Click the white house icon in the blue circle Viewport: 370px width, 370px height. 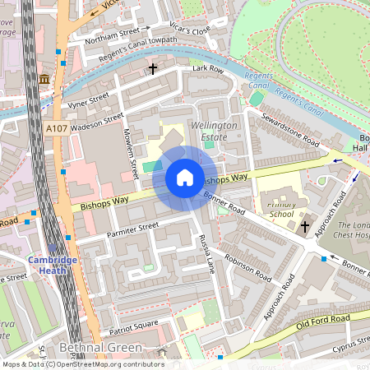[x=184, y=178]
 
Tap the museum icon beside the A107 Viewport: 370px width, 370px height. [x=44, y=79]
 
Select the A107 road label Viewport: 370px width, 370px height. [x=57, y=129]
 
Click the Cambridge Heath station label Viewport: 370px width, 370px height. [x=53, y=260]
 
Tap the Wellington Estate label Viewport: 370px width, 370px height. [x=214, y=130]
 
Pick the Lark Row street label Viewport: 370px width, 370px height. [x=208, y=70]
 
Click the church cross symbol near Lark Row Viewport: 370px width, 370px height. [x=153, y=70]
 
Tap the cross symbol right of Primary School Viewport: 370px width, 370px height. [x=305, y=225]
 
